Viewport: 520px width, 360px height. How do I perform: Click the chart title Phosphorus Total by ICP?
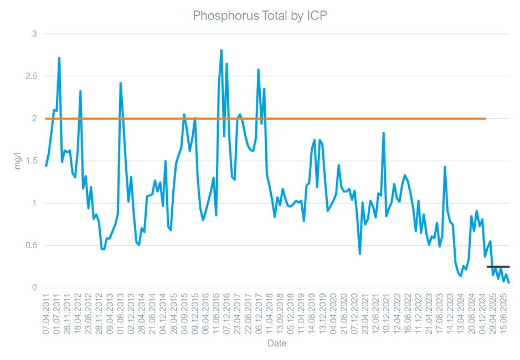[x=260, y=16]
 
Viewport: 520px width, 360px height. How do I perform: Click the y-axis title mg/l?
[x=17, y=161]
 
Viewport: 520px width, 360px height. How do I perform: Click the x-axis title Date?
[x=276, y=344]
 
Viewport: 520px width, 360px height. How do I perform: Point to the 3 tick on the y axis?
[x=34, y=34]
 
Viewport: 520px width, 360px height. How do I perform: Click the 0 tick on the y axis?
[x=34, y=287]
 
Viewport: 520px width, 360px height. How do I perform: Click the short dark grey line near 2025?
[x=498, y=267]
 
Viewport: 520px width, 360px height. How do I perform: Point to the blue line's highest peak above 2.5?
[x=222, y=50]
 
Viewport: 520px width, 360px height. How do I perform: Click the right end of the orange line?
[x=486, y=119]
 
